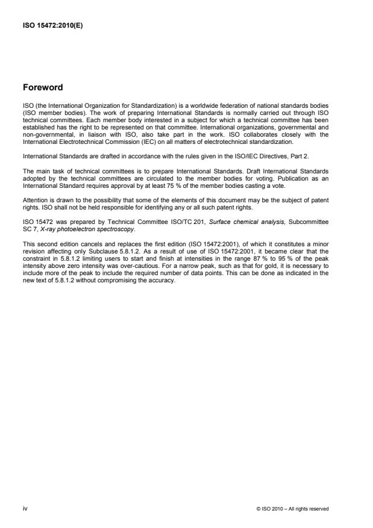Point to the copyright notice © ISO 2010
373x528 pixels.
coord(268,509)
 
